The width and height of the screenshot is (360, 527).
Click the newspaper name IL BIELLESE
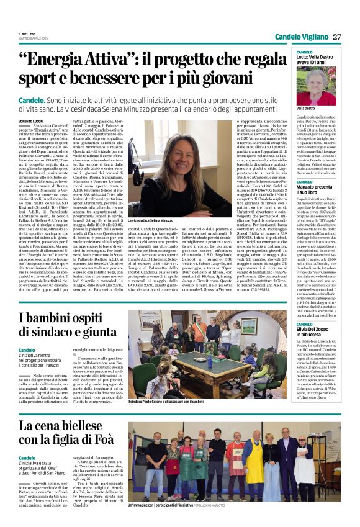pyautogui.click(x=27, y=33)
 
